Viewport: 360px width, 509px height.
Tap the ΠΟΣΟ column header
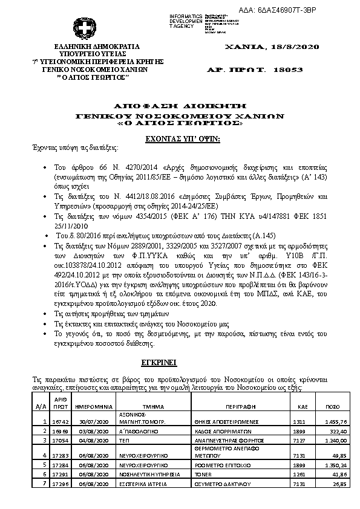click(x=333, y=407)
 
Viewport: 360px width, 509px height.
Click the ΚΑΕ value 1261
click(x=299, y=475)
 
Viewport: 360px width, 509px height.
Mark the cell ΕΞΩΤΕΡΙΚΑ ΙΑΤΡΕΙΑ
click(x=140, y=485)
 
